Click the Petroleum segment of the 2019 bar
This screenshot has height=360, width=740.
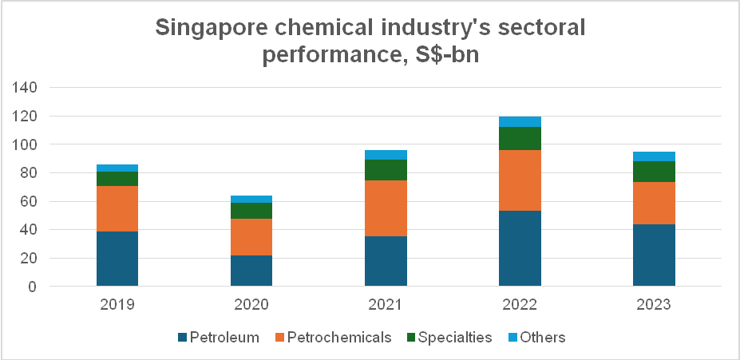pos(117,258)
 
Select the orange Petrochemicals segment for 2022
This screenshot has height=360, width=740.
pos(520,180)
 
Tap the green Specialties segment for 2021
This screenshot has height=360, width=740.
pos(386,170)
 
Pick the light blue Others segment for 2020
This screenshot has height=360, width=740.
pos(251,199)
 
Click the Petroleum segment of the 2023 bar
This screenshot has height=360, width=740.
pos(654,255)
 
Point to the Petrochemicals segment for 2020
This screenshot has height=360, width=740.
pos(251,236)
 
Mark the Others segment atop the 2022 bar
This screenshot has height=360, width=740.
pos(520,121)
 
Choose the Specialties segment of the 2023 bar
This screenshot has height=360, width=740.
pos(654,172)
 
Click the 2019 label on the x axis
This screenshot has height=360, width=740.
pos(117,305)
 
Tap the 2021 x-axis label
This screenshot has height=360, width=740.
pos(386,305)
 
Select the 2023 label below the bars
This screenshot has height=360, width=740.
pos(654,305)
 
